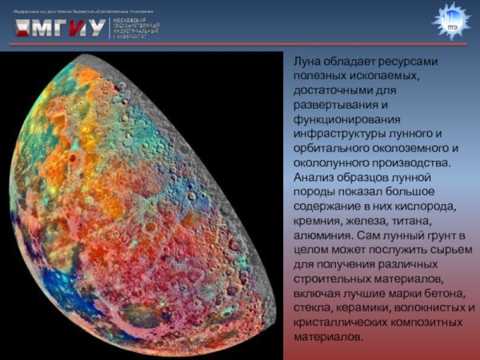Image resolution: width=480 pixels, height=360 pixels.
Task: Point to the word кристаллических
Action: coord(339,322)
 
